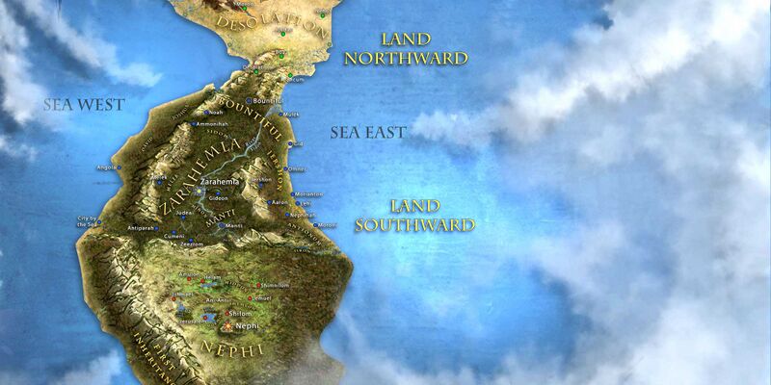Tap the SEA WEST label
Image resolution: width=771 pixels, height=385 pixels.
(x=85, y=104)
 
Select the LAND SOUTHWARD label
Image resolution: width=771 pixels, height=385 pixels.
(x=414, y=216)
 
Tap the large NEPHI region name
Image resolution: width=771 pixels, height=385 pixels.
(x=230, y=348)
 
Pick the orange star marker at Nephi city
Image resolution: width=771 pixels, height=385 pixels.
(x=228, y=326)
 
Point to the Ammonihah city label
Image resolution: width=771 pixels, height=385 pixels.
(x=212, y=123)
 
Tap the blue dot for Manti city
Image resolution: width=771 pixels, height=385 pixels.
(x=221, y=226)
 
